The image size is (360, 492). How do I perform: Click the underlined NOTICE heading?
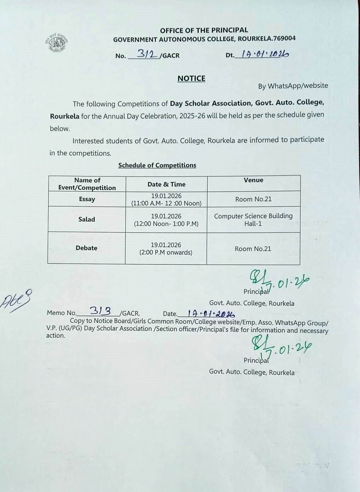pos(191,78)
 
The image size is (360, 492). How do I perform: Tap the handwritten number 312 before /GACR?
pos(147,54)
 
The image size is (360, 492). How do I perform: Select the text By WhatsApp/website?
pos(293,86)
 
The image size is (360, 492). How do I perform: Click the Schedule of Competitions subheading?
pos(157,165)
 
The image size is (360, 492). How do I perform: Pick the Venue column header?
pos(253,180)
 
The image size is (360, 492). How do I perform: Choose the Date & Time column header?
pos(166,184)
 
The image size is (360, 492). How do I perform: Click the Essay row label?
pos(87,199)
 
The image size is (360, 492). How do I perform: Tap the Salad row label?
pos(87,219)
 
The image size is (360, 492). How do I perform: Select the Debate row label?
pos(86,248)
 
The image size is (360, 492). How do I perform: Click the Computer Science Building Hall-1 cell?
pos(253,219)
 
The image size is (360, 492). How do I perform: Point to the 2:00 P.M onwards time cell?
pos(166,248)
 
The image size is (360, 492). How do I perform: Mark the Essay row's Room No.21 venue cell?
pos(253,199)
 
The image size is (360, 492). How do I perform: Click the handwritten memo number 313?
pos(100,311)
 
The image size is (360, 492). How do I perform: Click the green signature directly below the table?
pos(278,281)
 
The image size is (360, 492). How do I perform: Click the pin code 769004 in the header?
pos(284,38)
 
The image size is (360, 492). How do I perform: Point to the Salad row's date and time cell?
pos(166,220)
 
